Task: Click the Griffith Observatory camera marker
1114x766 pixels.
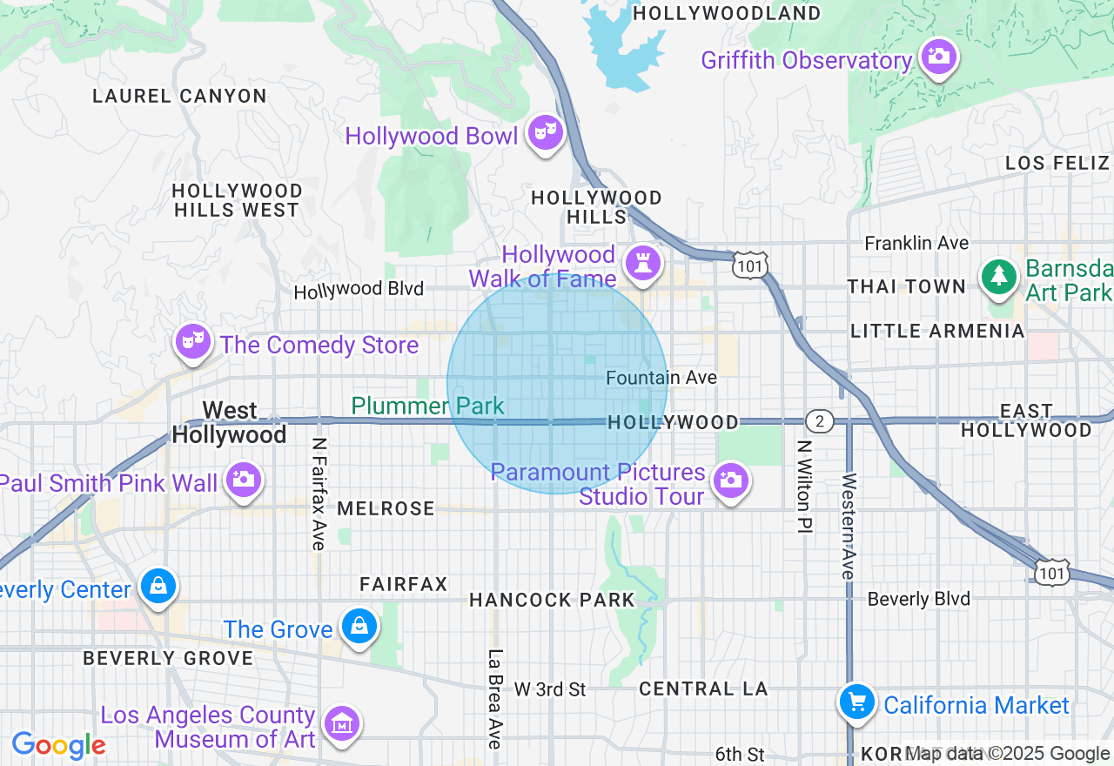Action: click(938, 57)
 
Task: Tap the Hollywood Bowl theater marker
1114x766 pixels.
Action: click(546, 133)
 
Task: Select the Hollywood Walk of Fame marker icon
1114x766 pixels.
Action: click(643, 264)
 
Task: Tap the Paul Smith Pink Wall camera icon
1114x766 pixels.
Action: click(243, 480)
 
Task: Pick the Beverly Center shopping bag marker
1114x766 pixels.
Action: click(158, 587)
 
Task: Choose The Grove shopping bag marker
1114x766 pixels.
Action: click(359, 626)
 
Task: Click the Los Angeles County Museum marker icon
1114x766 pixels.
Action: click(342, 723)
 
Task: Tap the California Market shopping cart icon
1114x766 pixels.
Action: click(857, 702)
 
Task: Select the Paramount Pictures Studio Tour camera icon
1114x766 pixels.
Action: click(731, 480)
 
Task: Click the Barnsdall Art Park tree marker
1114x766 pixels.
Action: click(999, 277)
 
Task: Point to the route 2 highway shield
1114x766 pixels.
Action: click(819, 422)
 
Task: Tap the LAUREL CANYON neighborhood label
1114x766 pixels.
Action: click(179, 96)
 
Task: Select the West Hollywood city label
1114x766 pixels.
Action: click(230, 422)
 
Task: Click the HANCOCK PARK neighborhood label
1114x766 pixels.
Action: click(552, 600)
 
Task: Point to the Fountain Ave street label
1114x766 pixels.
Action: click(661, 378)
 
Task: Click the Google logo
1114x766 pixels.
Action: click(58, 745)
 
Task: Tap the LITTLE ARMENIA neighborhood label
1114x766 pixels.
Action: click(937, 331)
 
